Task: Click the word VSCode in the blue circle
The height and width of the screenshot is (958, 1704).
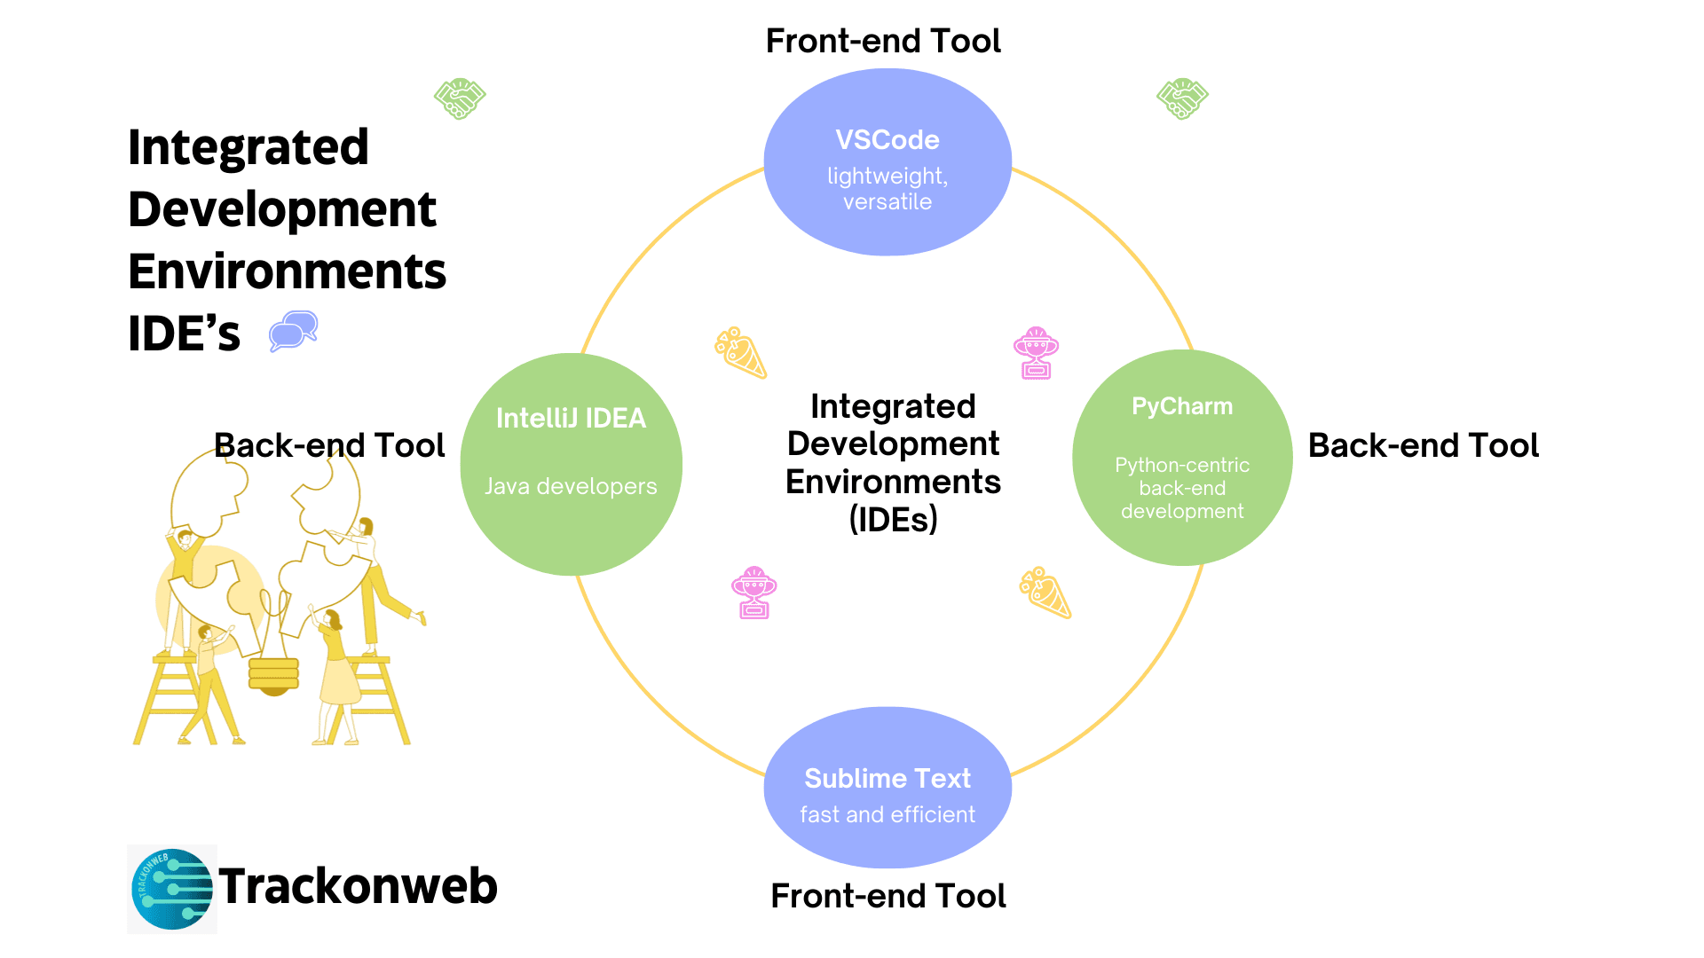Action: (887, 140)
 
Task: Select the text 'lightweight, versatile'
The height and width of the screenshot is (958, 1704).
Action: (887, 189)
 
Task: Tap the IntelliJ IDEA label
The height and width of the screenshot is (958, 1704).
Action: (571, 418)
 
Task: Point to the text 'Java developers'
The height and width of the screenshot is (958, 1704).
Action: (571, 486)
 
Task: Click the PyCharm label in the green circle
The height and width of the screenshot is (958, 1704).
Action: (1182, 406)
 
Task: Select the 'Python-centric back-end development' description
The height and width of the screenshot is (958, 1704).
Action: (1182, 488)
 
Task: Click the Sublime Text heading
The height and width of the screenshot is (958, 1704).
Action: (887, 778)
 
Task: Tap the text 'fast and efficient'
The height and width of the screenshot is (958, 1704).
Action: (887, 814)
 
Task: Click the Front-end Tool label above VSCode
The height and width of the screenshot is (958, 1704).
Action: (883, 41)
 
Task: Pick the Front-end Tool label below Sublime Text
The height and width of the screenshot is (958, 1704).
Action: (888, 896)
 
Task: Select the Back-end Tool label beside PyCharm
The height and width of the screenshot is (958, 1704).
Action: (1424, 445)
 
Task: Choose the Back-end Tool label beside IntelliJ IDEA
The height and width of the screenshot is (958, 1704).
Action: (329, 445)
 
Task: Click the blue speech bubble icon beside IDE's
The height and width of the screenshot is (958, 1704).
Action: (294, 332)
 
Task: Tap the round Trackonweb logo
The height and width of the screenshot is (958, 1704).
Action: (172, 889)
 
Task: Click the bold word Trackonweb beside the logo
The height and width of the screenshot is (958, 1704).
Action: (358, 885)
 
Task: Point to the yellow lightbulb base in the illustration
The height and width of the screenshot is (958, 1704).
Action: (273, 676)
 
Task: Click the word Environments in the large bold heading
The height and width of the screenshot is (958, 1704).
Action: (288, 271)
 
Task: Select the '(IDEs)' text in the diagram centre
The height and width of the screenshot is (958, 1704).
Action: (894, 520)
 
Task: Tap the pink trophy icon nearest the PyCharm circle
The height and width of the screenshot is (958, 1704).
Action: (1037, 353)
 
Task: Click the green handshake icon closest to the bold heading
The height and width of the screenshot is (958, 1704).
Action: (460, 98)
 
